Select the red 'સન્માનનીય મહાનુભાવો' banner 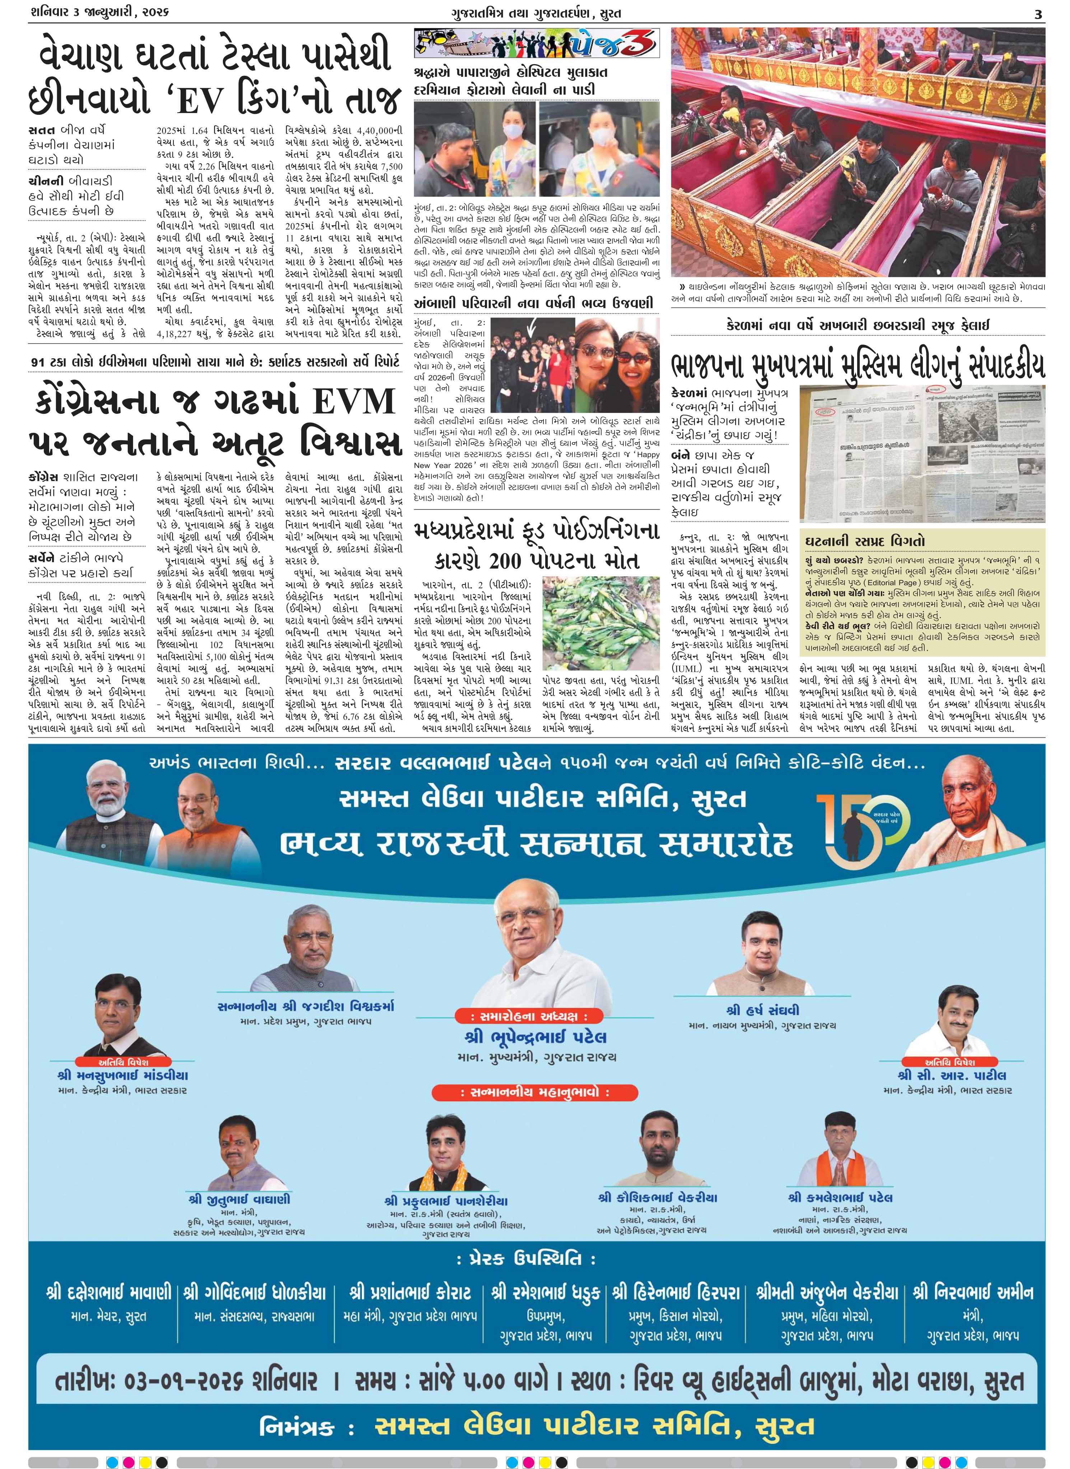[535, 1092]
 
